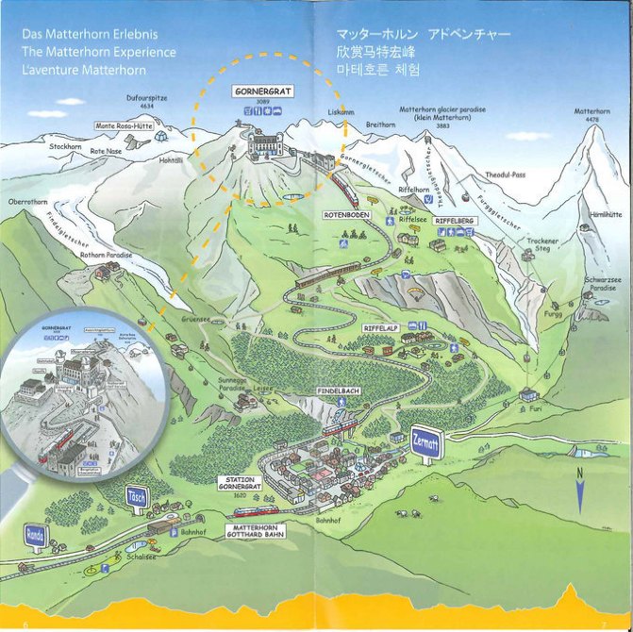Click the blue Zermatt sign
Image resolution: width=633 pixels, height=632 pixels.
point(427,443)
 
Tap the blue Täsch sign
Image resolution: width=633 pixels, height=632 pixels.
point(138,495)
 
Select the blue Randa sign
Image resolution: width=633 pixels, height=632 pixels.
point(35,534)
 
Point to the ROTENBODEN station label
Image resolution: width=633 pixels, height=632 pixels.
point(347,215)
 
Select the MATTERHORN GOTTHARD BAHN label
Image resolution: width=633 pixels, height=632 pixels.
point(254,531)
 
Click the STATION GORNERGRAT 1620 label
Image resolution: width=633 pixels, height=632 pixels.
point(238,485)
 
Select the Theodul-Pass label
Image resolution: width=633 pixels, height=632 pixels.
point(504,175)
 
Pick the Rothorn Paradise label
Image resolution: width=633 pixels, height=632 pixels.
point(106,255)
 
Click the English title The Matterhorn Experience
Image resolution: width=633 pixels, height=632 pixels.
point(98,52)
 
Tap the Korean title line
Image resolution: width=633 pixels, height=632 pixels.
point(377,71)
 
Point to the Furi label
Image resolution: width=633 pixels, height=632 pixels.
point(535,408)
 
